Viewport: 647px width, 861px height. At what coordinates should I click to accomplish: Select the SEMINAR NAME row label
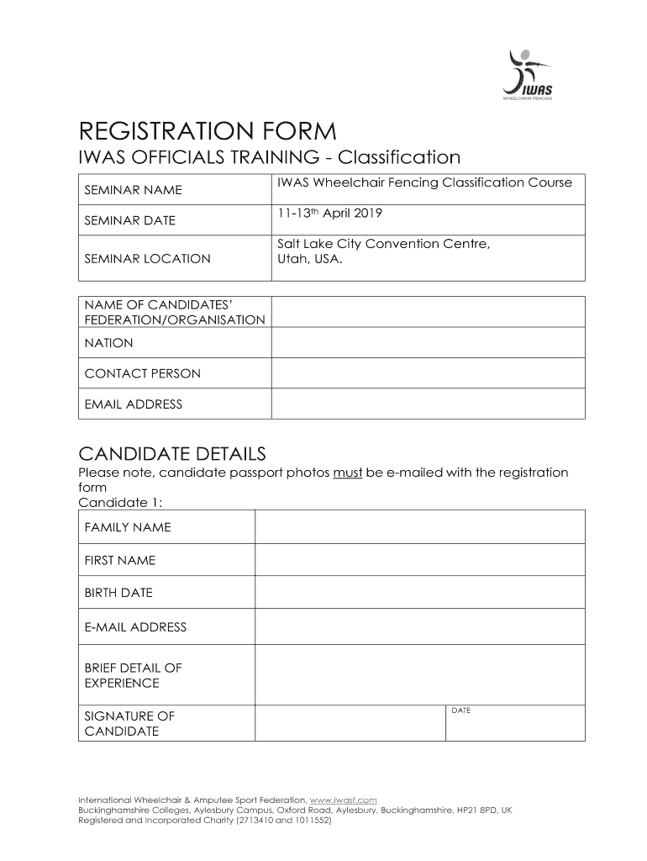133,191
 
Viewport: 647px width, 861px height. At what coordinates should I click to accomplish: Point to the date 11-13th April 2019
329,214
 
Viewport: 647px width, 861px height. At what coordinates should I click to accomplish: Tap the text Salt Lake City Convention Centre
383,244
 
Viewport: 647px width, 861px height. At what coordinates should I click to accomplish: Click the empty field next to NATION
428,343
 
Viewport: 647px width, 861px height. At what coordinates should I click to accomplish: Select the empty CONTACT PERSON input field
428,373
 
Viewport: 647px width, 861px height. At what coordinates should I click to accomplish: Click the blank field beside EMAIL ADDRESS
428,404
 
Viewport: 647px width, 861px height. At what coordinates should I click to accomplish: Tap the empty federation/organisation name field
428,312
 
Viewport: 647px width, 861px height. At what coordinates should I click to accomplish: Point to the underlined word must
347,473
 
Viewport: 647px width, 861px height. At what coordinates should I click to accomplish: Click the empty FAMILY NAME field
419,527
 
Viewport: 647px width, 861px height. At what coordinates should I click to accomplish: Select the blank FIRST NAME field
419,560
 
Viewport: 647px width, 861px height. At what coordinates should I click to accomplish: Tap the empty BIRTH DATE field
419,593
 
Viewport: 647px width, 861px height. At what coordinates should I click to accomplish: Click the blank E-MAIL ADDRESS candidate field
419,626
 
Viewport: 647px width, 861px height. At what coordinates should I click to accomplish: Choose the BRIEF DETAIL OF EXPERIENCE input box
419,675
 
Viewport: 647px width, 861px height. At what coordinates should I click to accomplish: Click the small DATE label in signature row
460,711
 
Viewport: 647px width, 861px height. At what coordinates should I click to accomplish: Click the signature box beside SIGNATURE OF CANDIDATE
349,723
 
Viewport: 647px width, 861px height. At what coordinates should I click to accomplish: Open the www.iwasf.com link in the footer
343,800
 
